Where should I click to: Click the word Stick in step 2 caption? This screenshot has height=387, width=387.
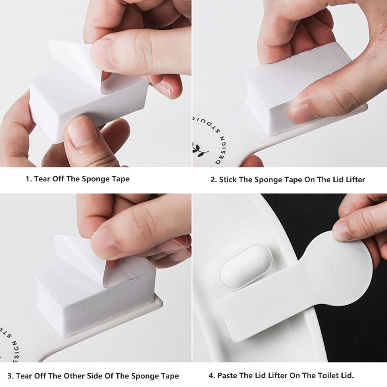pos(228,180)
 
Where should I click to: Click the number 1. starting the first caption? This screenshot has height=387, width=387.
pos(29,179)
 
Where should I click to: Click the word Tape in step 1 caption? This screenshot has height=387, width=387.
pos(120,179)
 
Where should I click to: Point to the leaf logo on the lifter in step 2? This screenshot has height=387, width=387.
pos(200,150)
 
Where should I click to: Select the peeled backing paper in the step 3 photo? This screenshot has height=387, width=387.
pos(81,250)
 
